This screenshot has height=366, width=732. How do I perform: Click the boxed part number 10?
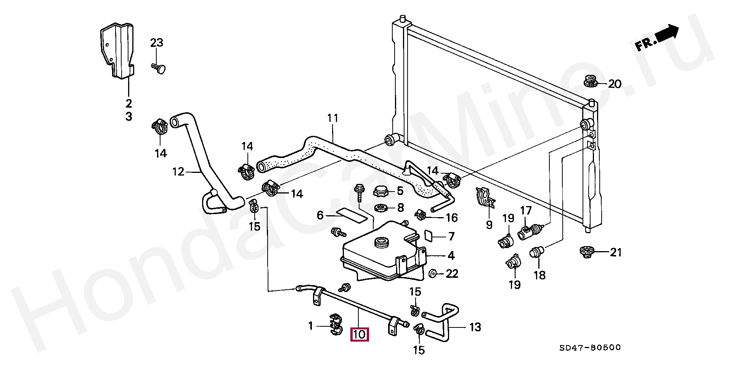coord(360,335)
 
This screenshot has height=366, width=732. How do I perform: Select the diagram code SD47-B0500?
coord(590,348)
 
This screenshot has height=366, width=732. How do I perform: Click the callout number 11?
coord(333,118)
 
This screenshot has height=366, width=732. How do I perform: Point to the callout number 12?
coord(178,172)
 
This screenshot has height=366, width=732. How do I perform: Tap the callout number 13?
coord(475,327)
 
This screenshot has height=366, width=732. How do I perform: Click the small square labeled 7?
coord(429,236)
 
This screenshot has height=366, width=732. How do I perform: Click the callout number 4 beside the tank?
coord(451,255)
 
